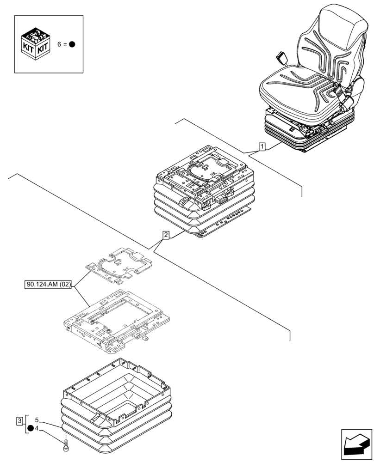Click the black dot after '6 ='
pyautogui.click(x=72, y=45)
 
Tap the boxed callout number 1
pyautogui.click(x=262, y=147)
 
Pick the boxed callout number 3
pyautogui.click(x=19, y=420)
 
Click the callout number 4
pyautogui.click(x=37, y=428)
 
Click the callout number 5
pyautogui.click(x=37, y=420)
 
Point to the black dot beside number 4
pyautogui.click(x=30, y=428)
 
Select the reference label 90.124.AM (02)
pyautogui.click(x=48, y=284)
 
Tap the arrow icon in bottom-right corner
pyautogui.click(x=356, y=444)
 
